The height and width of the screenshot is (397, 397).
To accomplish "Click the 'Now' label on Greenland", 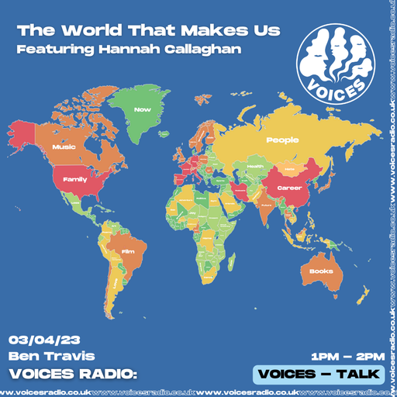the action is click(141, 110).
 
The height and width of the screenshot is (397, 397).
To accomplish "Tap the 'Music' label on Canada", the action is click(62, 146).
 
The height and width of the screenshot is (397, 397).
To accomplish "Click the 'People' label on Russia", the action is click(282, 140).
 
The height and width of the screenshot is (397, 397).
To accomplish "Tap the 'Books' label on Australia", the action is click(321, 271).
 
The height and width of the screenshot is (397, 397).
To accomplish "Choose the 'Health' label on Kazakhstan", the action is click(255, 165).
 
